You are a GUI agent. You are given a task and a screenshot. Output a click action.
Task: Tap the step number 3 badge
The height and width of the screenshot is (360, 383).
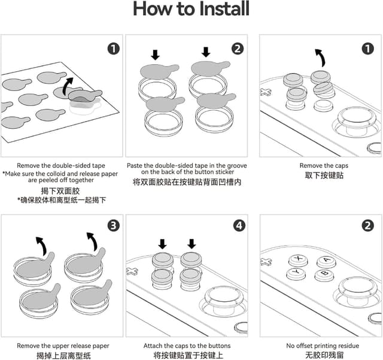click(113, 226)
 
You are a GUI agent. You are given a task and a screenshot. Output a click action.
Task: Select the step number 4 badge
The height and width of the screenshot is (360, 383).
click(238, 226)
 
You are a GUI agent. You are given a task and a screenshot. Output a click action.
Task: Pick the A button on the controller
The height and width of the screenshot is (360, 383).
click(325, 261)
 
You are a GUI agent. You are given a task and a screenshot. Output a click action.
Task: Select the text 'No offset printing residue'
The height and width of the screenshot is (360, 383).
click(323, 346)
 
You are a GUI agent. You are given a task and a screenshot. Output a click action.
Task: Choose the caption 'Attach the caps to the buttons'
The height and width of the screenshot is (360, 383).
click(187, 346)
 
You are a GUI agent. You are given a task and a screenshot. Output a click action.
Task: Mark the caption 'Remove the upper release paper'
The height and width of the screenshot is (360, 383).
click(63, 346)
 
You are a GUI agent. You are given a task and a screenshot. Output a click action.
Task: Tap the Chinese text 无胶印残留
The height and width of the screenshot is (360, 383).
click(323, 356)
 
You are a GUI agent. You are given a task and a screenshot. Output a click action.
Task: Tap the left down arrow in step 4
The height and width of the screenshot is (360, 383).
click(162, 244)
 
